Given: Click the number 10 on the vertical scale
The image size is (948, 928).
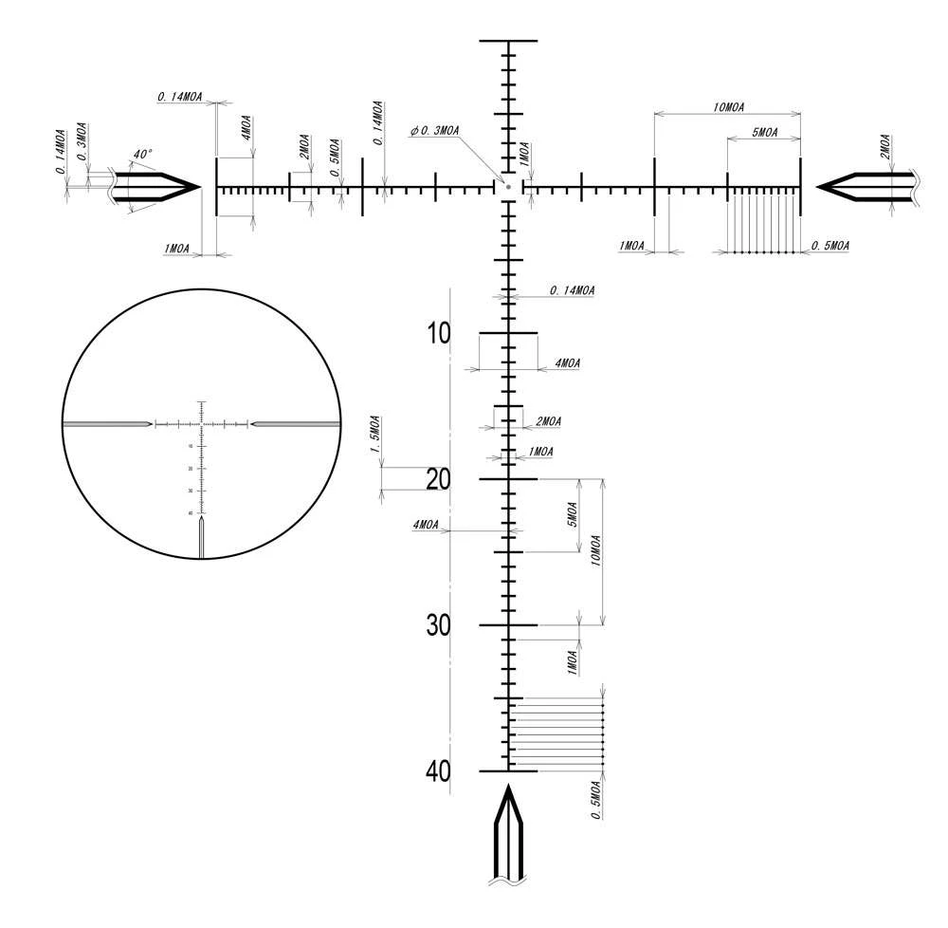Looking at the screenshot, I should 439,334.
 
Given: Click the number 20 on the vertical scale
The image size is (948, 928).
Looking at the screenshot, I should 438,480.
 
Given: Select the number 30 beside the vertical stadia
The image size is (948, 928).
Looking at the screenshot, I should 438,626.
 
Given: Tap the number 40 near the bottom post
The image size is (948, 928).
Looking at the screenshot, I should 438,772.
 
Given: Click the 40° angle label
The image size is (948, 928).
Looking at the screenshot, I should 142,154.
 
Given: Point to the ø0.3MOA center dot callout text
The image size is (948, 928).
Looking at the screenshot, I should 435,131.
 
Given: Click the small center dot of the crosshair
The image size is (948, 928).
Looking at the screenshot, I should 508,187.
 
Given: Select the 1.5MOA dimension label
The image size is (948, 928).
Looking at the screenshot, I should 374,435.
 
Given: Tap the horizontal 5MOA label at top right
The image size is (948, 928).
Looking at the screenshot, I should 764,133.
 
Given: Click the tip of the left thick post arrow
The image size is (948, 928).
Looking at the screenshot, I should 198,187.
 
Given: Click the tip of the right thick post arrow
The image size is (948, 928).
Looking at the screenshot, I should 818,187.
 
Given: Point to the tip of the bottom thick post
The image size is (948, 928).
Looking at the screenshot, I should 508,787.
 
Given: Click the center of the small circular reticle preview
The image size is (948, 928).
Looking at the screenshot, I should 201,423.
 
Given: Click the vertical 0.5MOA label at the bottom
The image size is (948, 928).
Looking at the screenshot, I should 594,799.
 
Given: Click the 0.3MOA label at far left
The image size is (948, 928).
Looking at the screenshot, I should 82,139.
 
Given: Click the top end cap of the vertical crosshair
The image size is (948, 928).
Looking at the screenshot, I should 508,42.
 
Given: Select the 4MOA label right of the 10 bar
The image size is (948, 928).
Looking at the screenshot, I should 567,362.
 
